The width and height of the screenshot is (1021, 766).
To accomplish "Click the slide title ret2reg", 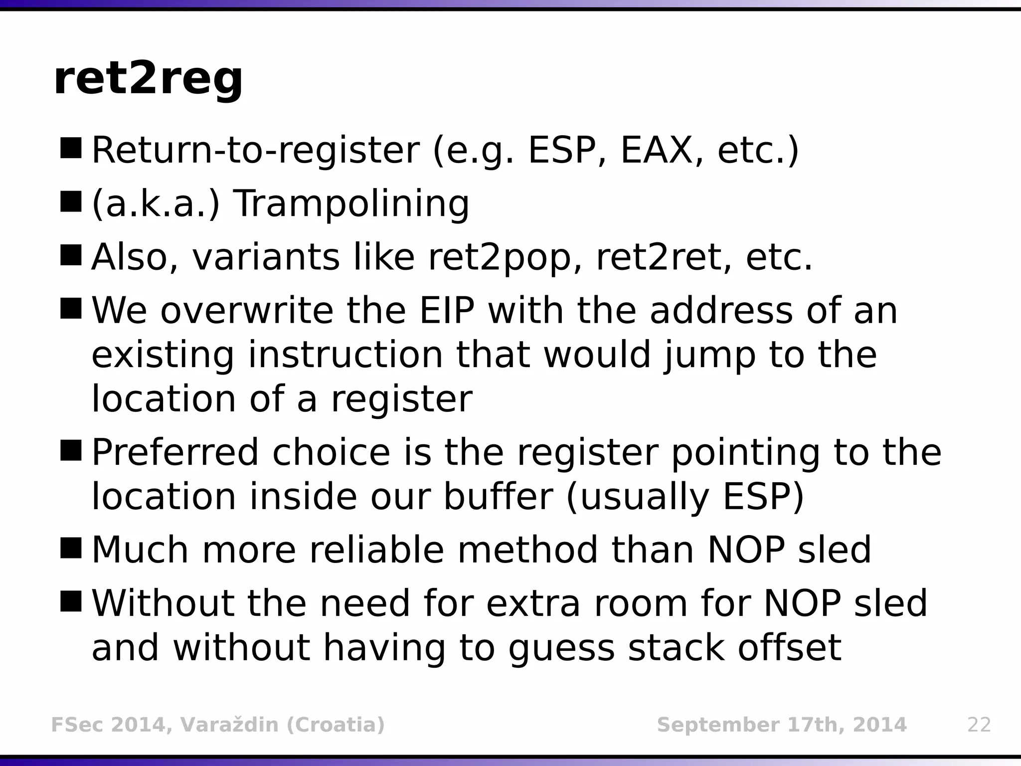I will coord(148,80).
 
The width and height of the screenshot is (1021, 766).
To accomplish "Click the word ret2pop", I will coord(499,258).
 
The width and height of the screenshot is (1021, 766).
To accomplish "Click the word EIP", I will coord(447,311).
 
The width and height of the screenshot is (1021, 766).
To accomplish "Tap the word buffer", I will coord(498,497).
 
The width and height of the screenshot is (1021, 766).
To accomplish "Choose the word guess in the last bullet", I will coord(561,648).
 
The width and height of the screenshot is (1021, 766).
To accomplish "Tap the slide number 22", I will coord(979,725).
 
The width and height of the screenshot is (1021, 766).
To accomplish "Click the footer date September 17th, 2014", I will coord(782,725).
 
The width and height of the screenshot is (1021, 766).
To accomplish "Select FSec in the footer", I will coord(76,725).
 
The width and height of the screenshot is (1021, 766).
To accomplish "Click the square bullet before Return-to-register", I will coord(70,149).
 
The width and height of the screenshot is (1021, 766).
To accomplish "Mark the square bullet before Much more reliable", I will coord(70,548).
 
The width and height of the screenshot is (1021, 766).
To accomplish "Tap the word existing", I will coord(163,355).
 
